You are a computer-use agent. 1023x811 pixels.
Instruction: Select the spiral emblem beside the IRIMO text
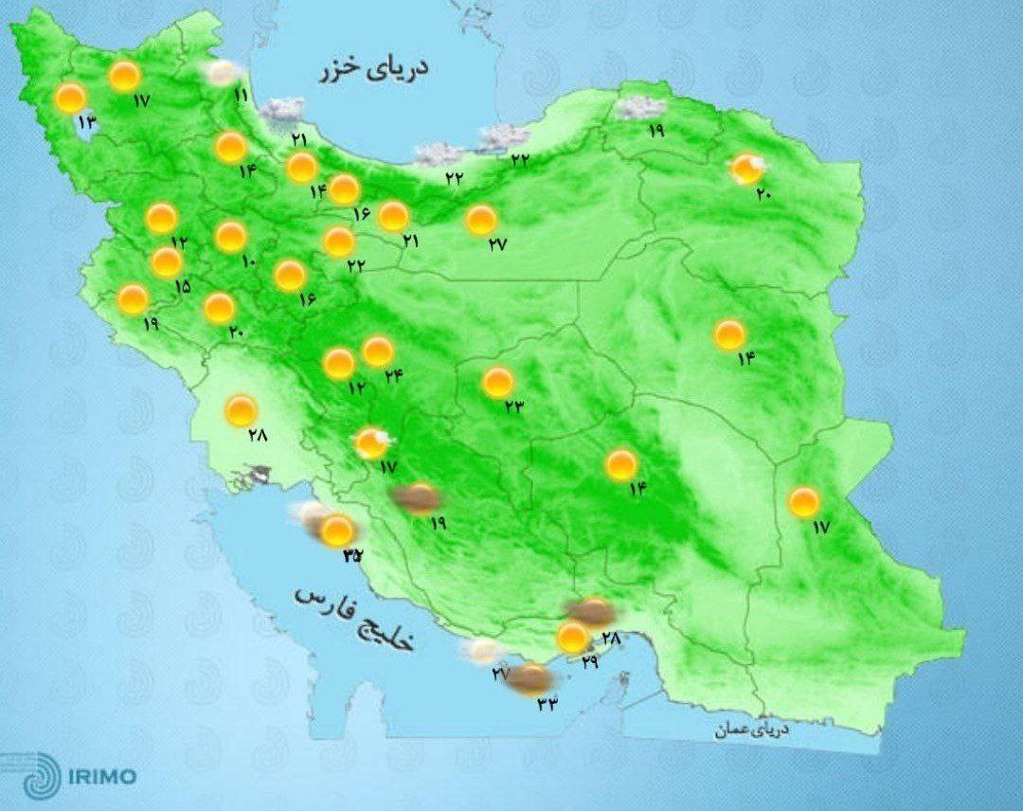tap(39, 776)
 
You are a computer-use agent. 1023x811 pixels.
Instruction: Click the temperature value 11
tap(241, 96)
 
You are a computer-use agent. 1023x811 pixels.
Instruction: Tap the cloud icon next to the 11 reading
tap(223, 72)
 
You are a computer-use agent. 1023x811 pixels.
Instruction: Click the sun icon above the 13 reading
tap(70, 97)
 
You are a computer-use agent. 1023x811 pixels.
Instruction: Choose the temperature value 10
tap(249, 261)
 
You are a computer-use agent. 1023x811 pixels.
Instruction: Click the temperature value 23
tap(514, 408)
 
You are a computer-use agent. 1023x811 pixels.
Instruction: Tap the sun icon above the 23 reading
tap(497, 383)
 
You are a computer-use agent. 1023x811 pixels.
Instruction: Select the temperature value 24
tap(394, 375)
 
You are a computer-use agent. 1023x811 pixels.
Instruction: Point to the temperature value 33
tap(547, 702)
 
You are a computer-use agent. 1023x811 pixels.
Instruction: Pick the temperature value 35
tap(352, 555)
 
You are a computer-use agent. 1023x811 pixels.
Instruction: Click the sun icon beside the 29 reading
tap(571, 638)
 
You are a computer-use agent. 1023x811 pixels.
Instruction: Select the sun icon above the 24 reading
tap(378, 351)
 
